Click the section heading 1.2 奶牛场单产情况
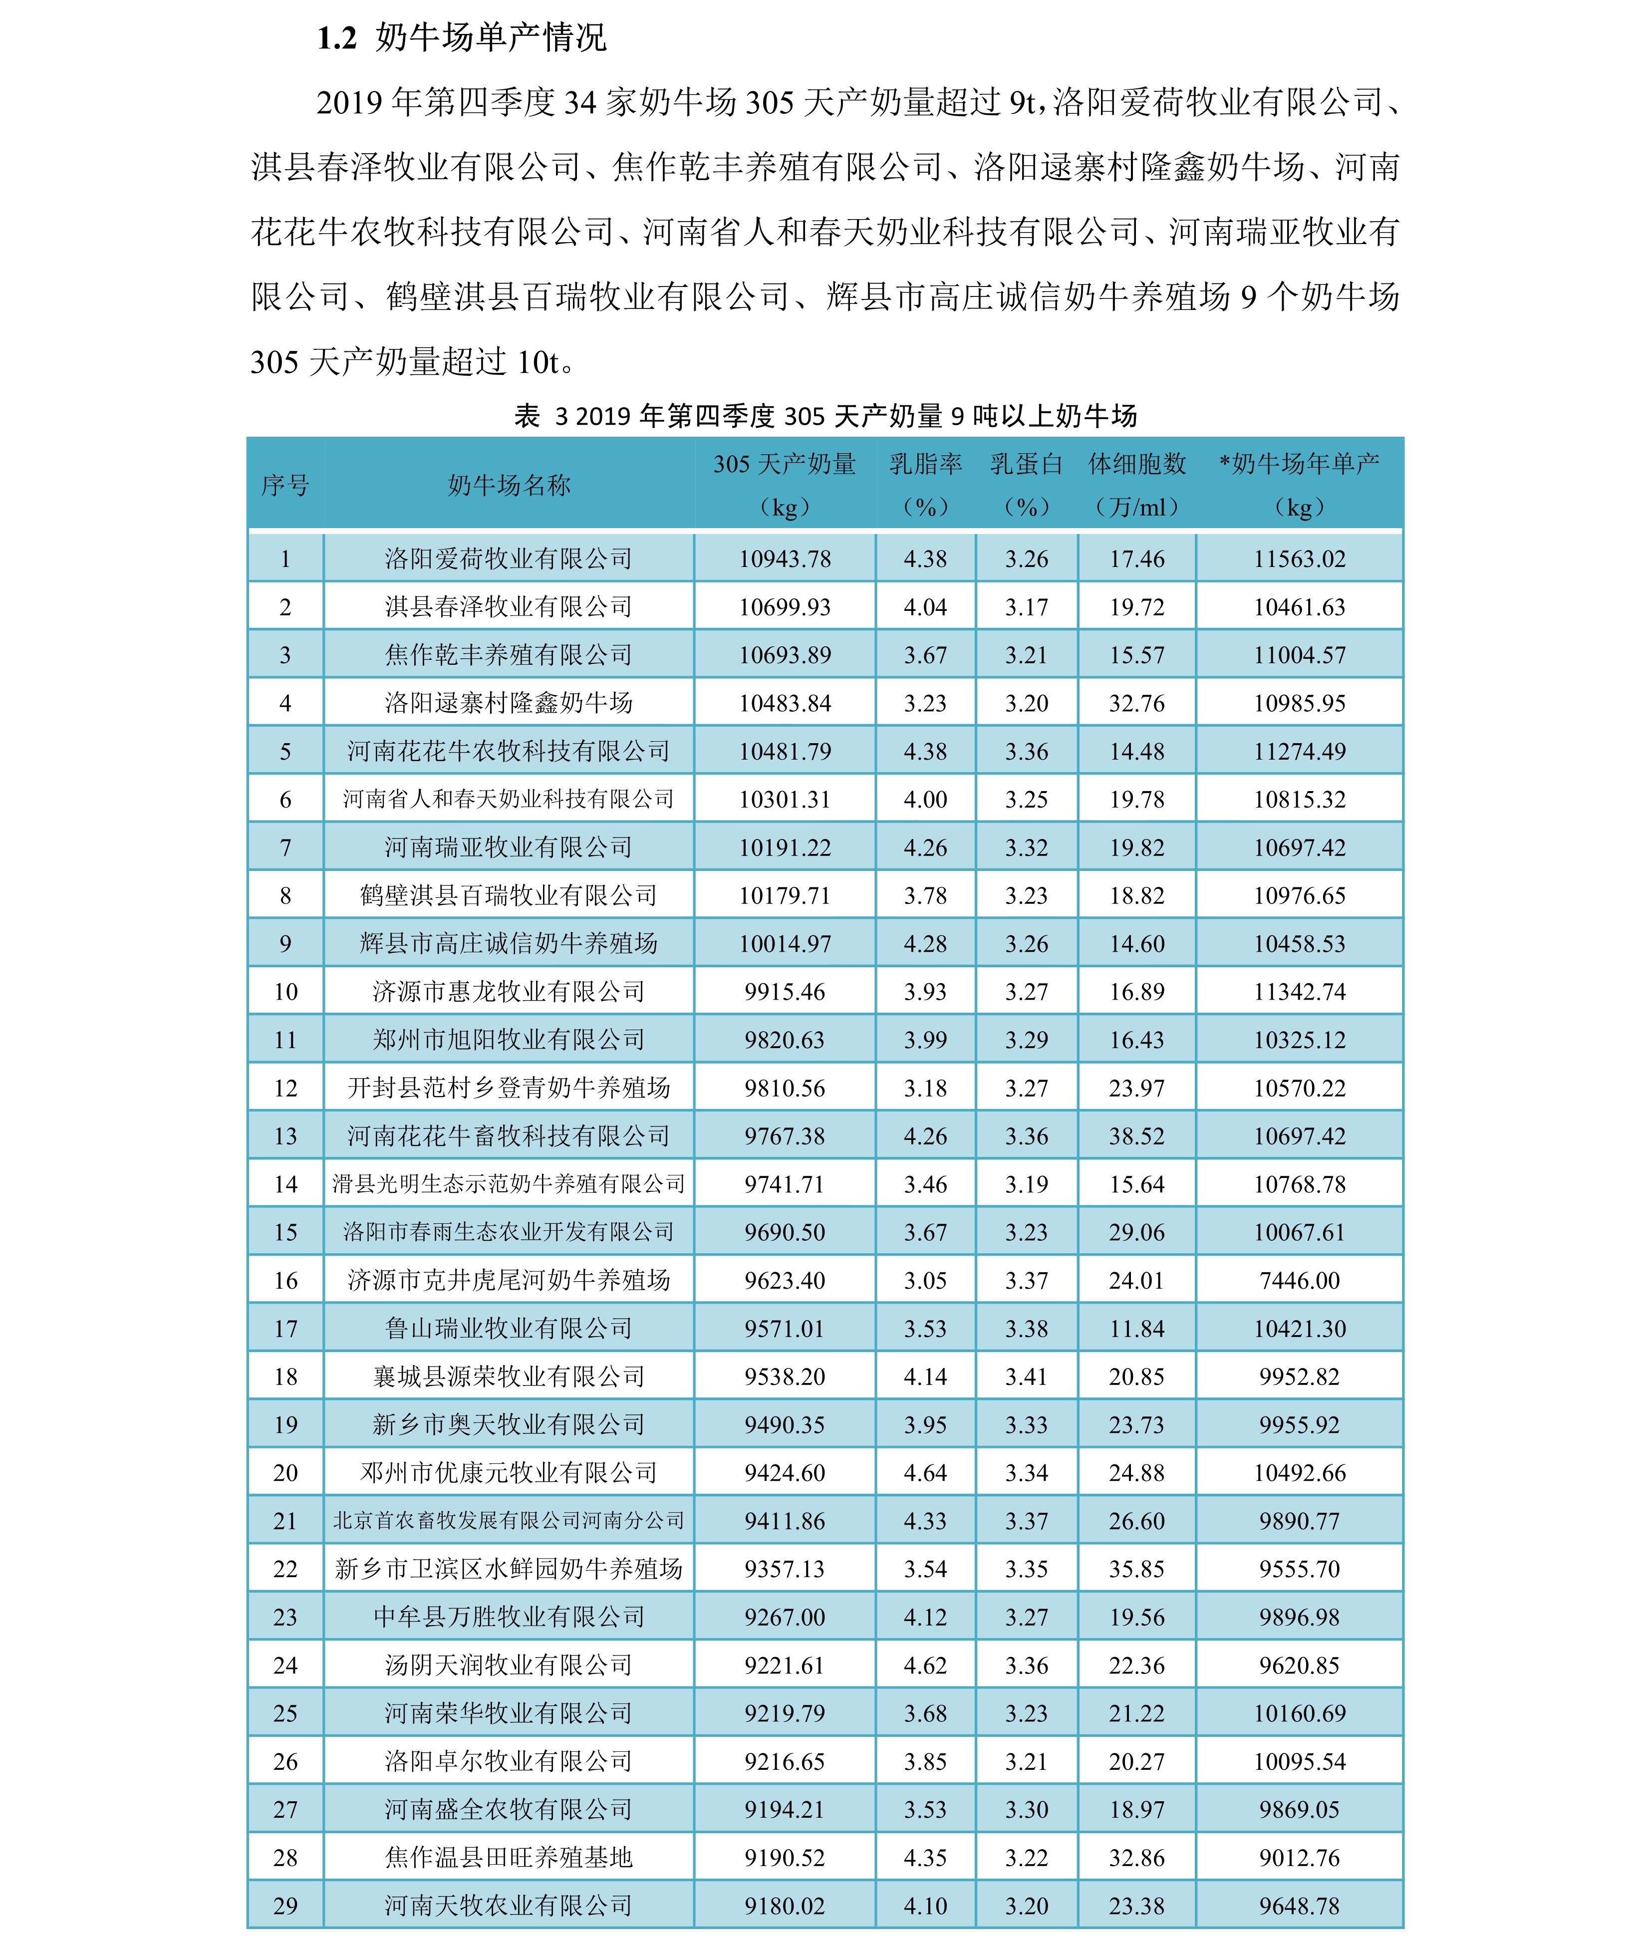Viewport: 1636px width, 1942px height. pos(461,38)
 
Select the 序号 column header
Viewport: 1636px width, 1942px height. pos(284,485)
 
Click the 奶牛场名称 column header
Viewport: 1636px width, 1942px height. pos(508,485)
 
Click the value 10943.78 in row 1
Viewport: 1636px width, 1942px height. pos(785,559)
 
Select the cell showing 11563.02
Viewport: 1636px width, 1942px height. pos(1299,559)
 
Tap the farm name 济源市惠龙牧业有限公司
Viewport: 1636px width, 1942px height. pos(508,992)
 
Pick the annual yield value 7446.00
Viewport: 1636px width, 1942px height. pos(1299,1281)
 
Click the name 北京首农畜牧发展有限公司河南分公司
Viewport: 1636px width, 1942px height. pos(508,1521)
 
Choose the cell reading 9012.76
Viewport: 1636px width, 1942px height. pos(1299,1858)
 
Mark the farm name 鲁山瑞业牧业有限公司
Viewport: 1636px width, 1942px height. pos(508,1329)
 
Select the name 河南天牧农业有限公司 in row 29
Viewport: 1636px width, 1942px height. pos(508,1906)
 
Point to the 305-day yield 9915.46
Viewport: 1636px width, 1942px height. pos(785,992)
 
